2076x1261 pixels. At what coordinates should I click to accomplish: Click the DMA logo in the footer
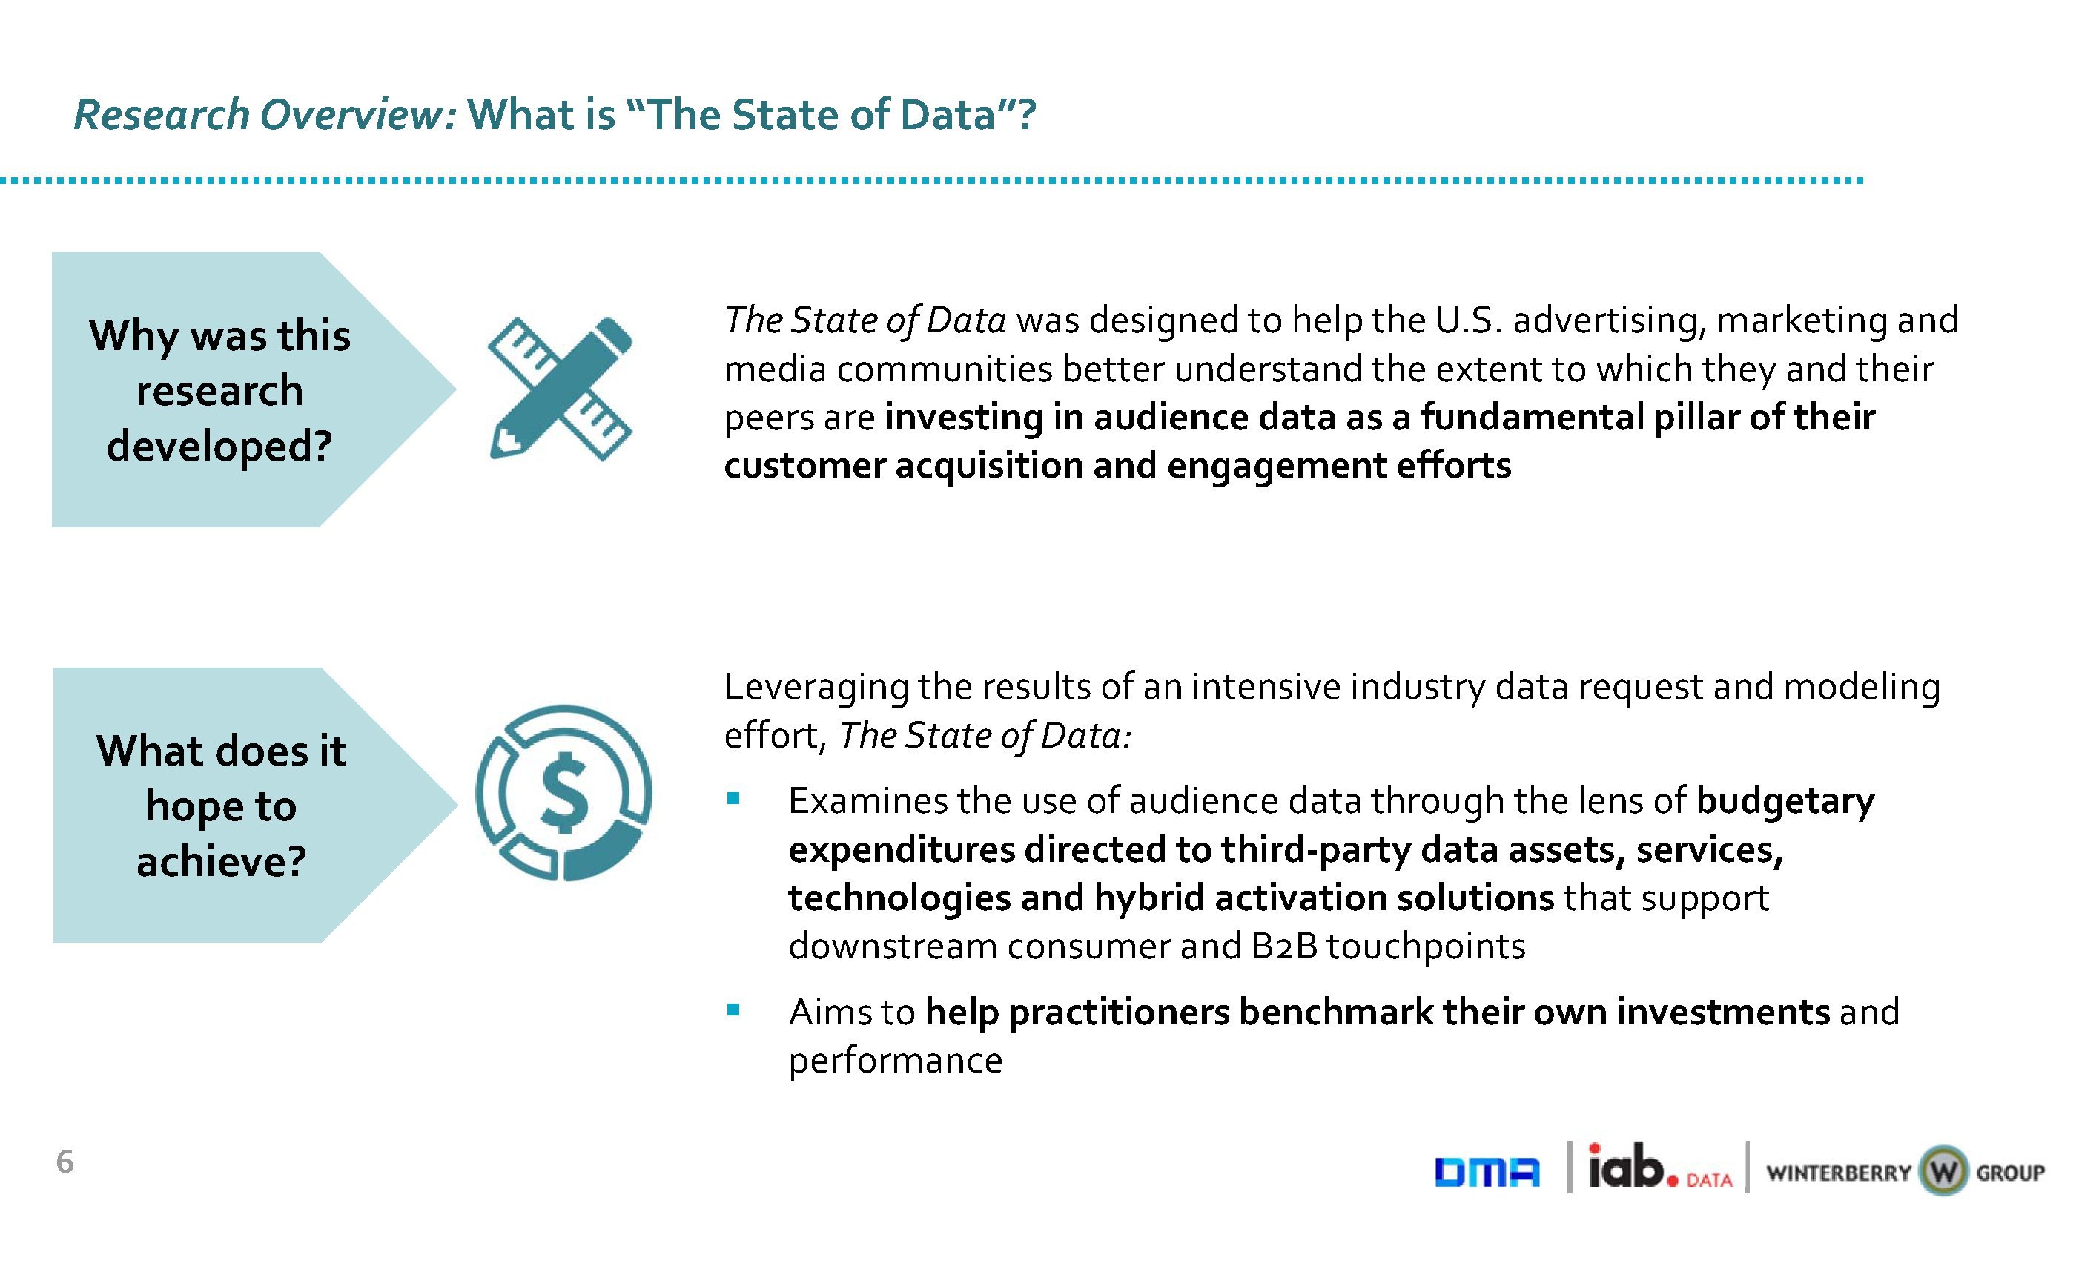coord(1487,1173)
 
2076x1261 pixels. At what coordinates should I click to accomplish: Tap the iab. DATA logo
coord(1659,1167)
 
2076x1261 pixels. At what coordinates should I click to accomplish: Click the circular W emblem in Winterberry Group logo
coord(1943,1171)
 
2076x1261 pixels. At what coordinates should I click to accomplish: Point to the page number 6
coord(65,1162)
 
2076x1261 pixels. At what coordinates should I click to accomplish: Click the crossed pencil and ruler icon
coord(561,389)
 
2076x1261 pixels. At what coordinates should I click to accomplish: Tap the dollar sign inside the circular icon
coord(563,791)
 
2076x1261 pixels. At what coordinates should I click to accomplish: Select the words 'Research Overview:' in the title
coord(265,116)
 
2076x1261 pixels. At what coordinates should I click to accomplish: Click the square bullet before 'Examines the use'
coord(733,797)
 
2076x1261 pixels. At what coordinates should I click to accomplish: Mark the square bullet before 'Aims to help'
coord(733,1009)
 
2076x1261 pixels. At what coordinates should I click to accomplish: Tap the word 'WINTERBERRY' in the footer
coord(1839,1173)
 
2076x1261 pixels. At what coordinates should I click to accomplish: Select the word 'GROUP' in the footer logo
coord(2010,1173)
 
